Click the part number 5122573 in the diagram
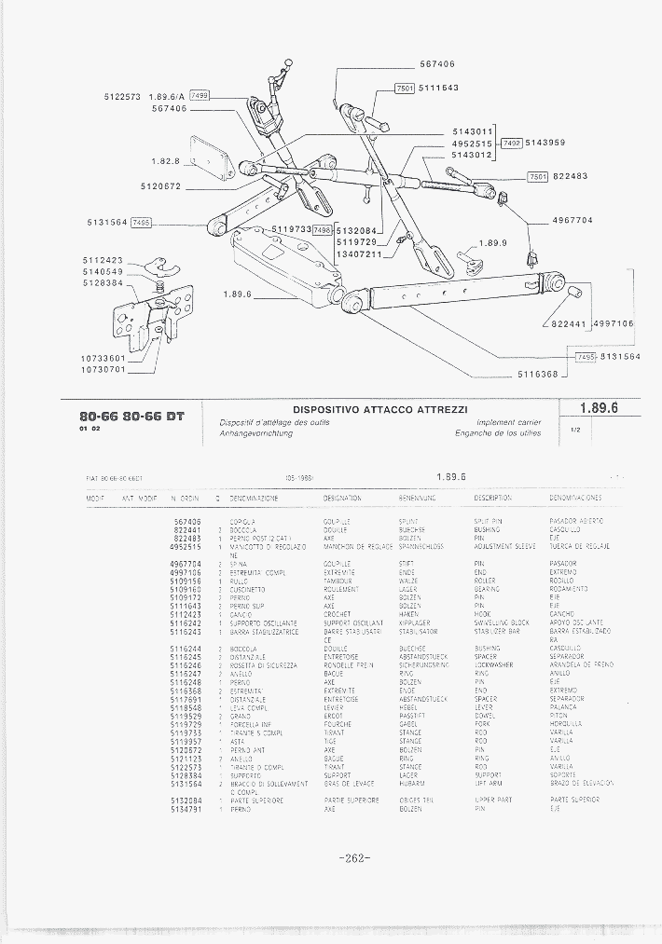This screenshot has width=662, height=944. click(121, 96)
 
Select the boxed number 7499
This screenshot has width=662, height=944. click(200, 96)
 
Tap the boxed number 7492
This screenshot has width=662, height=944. click(512, 143)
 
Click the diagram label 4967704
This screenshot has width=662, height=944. click(572, 221)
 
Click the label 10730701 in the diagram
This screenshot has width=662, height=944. click(103, 369)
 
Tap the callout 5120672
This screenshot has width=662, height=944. click(160, 186)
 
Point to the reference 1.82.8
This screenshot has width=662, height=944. click(165, 161)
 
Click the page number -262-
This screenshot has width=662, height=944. click(356, 857)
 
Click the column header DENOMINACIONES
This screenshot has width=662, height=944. click(575, 499)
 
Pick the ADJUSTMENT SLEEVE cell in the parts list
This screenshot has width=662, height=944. click(504, 546)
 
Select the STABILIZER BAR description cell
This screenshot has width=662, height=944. click(499, 632)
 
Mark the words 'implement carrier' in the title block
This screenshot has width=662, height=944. click(509, 422)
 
